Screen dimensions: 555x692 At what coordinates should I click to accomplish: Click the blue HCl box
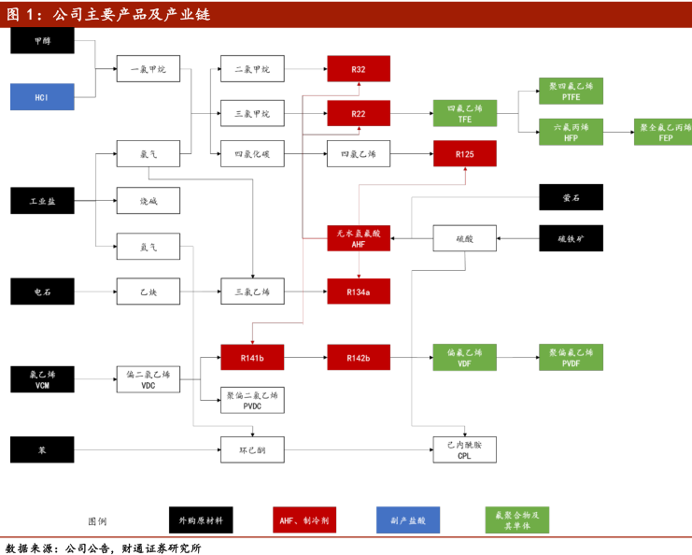pyautogui.click(x=42, y=96)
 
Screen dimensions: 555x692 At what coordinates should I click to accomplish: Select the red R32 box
pyautogui.click(x=359, y=69)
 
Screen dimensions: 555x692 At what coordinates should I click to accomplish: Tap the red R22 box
pyautogui.click(x=359, y=113)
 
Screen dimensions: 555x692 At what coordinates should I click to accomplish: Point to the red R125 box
pyautogui.click(x=464, y=153)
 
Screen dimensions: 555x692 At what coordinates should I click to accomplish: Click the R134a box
pyautogui.click(x=359, y=292)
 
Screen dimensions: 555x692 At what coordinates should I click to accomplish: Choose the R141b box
pyautogui.click(x=252, y=358)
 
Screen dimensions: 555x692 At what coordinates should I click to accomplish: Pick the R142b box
pyautogui.click(x=359, y=358)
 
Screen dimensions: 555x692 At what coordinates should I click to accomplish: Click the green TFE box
pyautogui.click(x=464, y=113)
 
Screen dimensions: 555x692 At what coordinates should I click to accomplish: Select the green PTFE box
pyautogui.click(x=571, y=91)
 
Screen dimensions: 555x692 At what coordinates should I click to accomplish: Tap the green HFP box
pyautogui.click(x=571, y=132)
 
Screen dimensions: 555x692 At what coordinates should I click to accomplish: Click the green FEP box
pyautogui.click(x=664, y=132)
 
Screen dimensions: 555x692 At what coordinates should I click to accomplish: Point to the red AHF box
pyautogui.click(x=359, y=238)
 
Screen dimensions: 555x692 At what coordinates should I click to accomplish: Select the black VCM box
pyautogui.click(x=42, y=378)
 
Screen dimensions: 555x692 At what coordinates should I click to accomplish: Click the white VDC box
pyautogui.click(x=148, y=378)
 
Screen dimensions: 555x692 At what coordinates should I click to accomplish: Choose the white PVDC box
pyautogui.click(x=252, y=401)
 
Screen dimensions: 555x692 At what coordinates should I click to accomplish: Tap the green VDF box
pyautogui.click(x=464, y=358)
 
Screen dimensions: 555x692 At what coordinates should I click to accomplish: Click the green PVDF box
pyautogui.click(x=571, y=358)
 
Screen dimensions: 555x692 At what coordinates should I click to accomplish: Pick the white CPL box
pyautogui.click(x=464, y=449)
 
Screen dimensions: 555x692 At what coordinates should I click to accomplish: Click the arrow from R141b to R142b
pyautogui.click(x=305, y=358)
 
